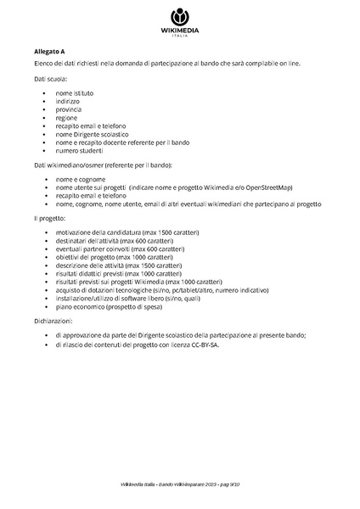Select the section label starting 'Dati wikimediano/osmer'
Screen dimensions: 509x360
(x=103, y=164)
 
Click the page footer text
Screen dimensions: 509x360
(x=180, y=484)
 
